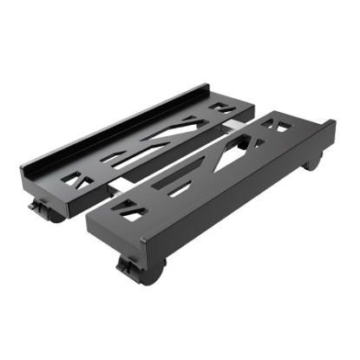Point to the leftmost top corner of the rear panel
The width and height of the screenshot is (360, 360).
(21, 170)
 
